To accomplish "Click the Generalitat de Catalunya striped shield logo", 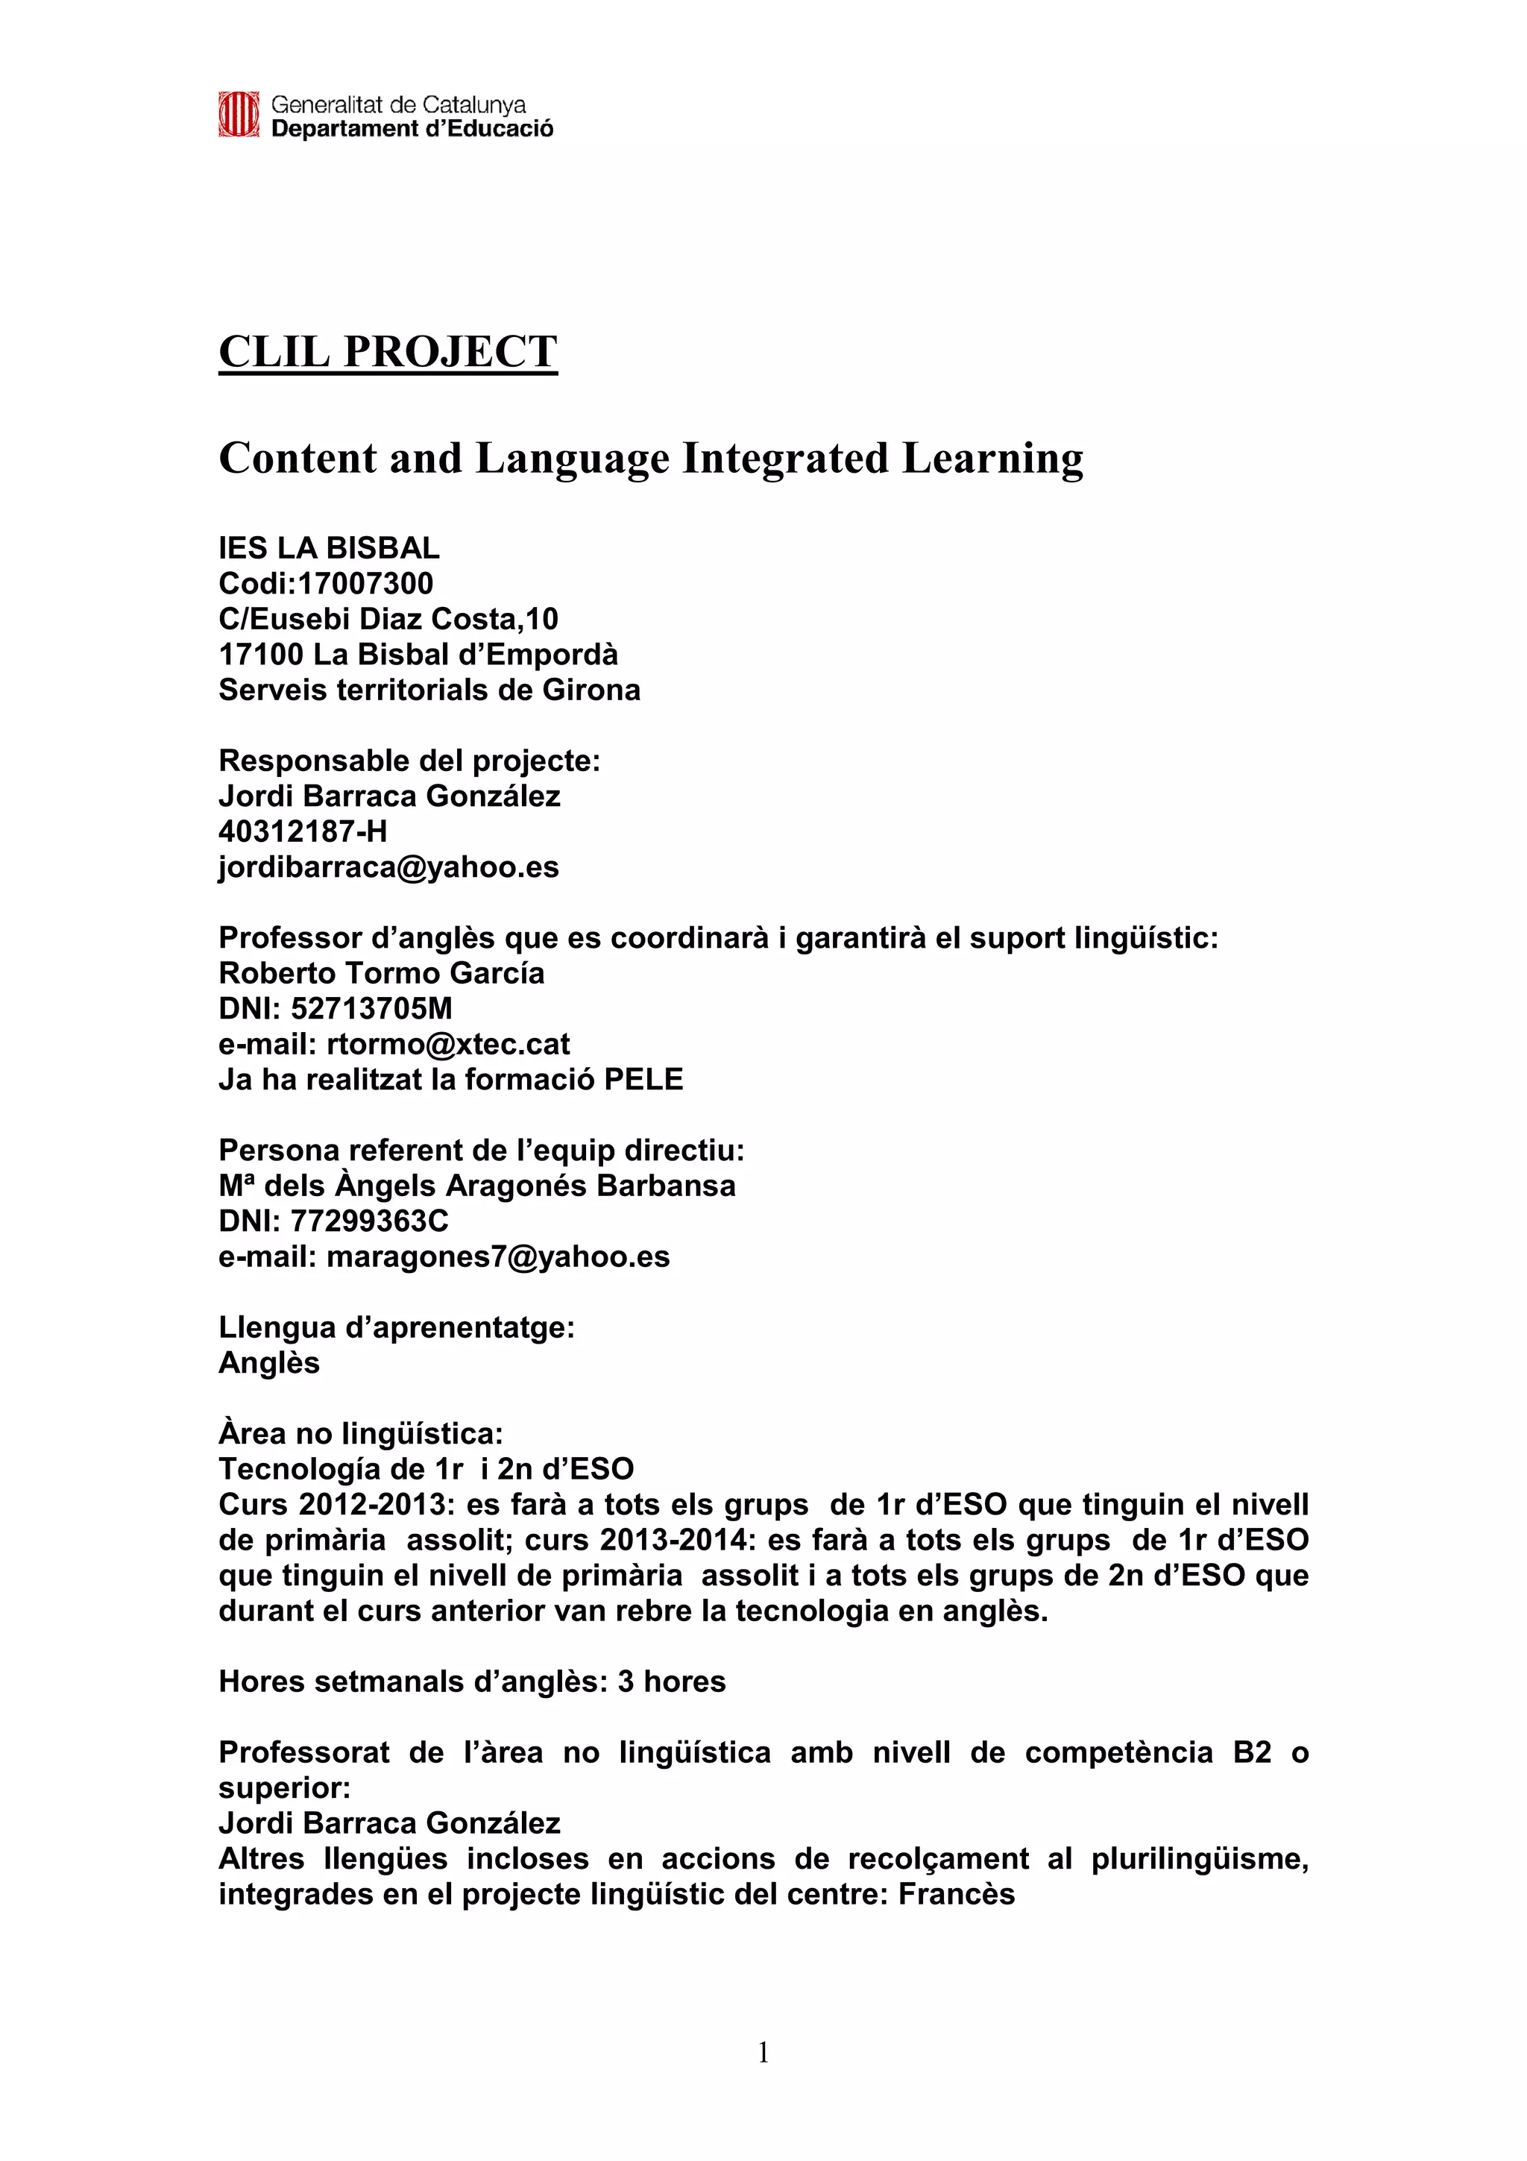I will [238, 115].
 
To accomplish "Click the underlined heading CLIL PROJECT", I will [388, 352].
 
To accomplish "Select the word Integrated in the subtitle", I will [784, 459].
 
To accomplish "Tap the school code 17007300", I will [365, 584].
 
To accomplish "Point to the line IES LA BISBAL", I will [328, 548].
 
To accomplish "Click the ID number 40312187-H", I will [302, 831].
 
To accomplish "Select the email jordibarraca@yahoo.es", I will [388, 866].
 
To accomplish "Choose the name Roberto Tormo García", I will [381, 972].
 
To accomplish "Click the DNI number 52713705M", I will [371, 1008].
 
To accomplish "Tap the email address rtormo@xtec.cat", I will [448, 1044].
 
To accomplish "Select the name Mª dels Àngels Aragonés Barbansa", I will [476, 1185].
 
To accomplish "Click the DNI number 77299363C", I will [369, 1221].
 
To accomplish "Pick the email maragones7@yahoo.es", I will [498, 1256].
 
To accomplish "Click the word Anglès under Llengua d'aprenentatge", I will [269, 1363].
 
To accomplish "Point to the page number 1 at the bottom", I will [763, 2053].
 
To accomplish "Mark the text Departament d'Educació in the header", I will [412, 129].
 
